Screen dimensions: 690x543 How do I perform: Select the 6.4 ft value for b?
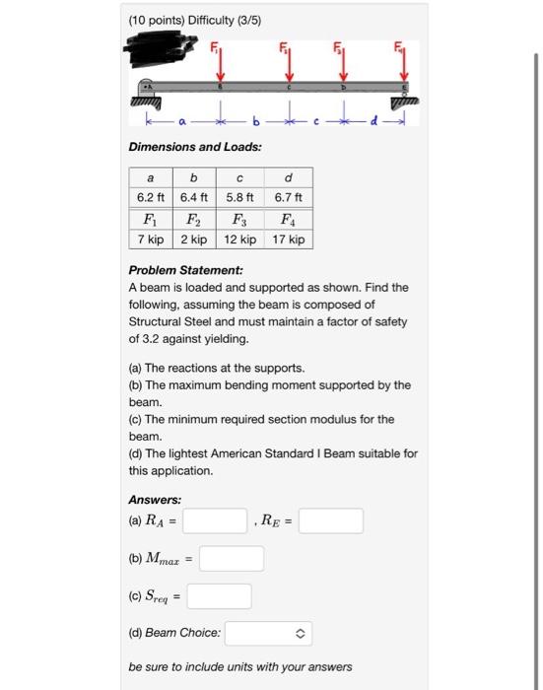point(194,197)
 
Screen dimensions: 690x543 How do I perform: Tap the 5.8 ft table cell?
point(240,197)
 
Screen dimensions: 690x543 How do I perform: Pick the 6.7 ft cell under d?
point(287,197)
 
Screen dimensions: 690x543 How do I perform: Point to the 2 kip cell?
point(194,240)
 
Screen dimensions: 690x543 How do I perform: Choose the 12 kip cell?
point(240,240)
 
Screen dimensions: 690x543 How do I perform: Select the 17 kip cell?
point(287,240)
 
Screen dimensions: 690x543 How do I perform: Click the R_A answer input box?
point(214,520)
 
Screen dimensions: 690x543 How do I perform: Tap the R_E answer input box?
point(331,520)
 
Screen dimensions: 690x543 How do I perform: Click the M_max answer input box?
point(232,559)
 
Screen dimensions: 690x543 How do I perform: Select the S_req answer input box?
point(220,596)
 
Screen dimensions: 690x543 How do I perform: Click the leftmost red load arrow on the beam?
point(220,67)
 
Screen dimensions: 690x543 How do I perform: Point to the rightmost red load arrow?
point(402,67)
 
